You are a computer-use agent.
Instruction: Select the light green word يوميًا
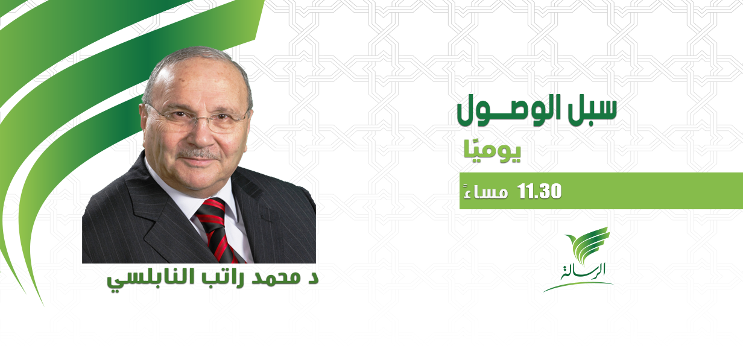pos(492,153)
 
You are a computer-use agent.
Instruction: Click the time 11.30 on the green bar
pos(539,191)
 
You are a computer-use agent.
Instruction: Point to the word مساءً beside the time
pos(485,192)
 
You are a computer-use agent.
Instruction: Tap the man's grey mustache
pos(200,154)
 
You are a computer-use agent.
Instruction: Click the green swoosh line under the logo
pos(578,286)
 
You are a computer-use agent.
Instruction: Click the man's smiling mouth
pos(199,163)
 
